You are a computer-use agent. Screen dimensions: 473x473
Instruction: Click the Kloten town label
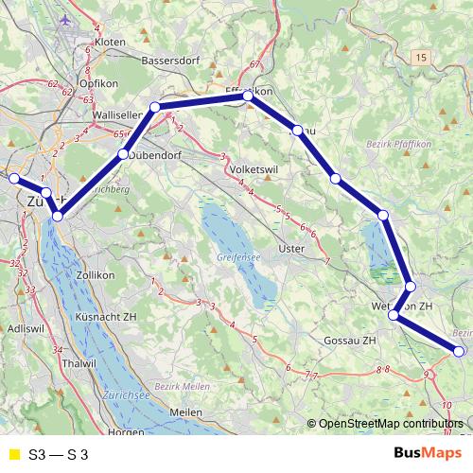point(110,43)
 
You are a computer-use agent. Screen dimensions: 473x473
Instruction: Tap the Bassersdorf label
point(168,61)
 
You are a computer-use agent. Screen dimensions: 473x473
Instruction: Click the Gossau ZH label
point(350,340)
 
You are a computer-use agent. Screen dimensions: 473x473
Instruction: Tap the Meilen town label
point(185,413)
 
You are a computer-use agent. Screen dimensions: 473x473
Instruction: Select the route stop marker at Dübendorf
point(122,152)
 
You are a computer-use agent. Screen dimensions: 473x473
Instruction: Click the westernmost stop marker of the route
point(13,178)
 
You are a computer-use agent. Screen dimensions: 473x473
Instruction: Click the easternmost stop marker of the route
point(460,351)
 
